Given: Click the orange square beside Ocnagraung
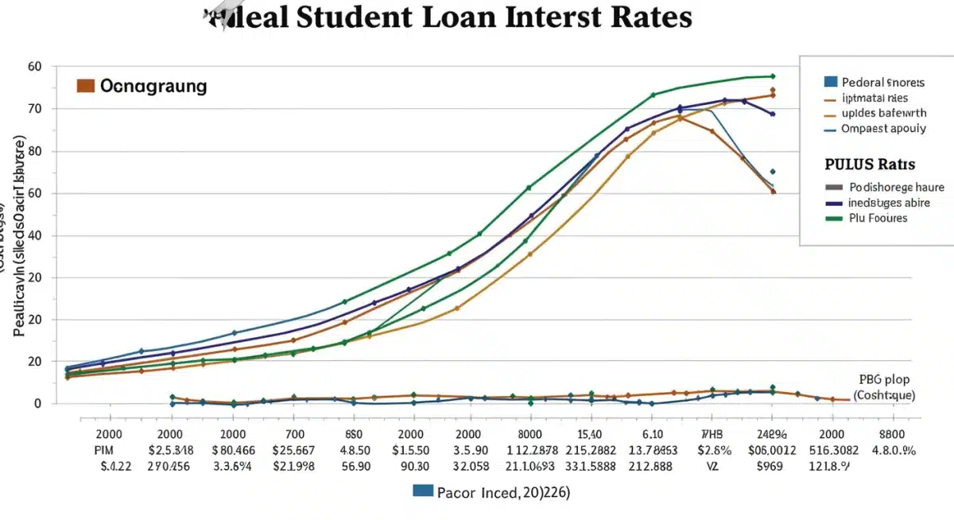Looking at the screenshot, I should click(86, 86).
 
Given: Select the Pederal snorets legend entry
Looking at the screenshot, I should click(882, 82).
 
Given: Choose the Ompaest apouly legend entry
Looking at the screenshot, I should click(882, 128).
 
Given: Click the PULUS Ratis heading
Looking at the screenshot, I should click(870, 165).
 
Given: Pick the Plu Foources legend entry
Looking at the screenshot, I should click(878, 217).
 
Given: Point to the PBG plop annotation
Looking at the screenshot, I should click(884, 379).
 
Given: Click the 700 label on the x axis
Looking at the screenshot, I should click(294, 434).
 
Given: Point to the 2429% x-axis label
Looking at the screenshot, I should click(771, 434).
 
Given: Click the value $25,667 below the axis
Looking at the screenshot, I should click(294, 450).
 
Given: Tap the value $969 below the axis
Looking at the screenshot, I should click(771, 466).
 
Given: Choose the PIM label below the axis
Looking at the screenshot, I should click(104, 450).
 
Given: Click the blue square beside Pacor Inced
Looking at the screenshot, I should click(423, 491).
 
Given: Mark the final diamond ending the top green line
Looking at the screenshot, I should click(772, 76).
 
